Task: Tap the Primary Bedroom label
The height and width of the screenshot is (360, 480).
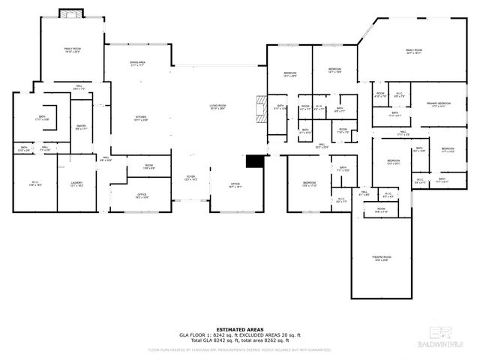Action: [437, 104]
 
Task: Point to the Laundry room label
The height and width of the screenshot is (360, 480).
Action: [76, 184]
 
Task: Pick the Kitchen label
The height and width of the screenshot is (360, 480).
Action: [140, 118]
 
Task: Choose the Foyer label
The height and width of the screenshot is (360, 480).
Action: [191, 178]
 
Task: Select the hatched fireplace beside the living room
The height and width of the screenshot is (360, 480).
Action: [260, 108]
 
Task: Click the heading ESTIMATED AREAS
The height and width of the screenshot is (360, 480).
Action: [239, 328]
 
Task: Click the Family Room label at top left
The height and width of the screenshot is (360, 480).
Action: [72, 50]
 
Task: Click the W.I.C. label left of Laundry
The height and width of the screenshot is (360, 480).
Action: [34, 183]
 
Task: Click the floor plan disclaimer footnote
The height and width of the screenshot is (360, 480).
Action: [239, 349]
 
